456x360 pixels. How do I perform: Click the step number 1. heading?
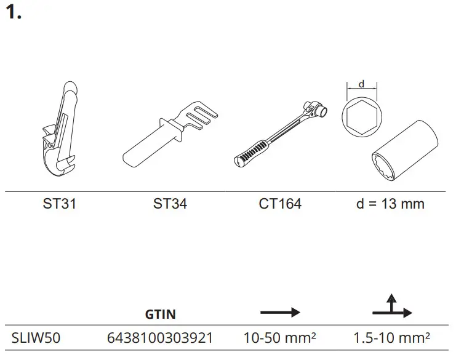pos(14,13)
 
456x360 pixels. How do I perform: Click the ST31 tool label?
pos(60,204)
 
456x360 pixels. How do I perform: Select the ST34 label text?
pos(170,204)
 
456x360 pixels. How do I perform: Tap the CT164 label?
pos(280,204)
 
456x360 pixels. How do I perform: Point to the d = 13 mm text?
pos(390,204)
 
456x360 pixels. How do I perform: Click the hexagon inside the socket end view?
pos(362,116)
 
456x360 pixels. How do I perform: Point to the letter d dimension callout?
pos(361,83)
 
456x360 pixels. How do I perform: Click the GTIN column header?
pos(160,314)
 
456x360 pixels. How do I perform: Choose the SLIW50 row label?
pos(36,338)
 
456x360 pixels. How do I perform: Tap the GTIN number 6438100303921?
pos(160,338)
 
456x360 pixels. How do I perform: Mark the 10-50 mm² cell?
pos(280,338)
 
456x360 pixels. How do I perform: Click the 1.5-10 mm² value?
pos(391,338)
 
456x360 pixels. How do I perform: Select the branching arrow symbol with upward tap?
pos(391,308)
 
